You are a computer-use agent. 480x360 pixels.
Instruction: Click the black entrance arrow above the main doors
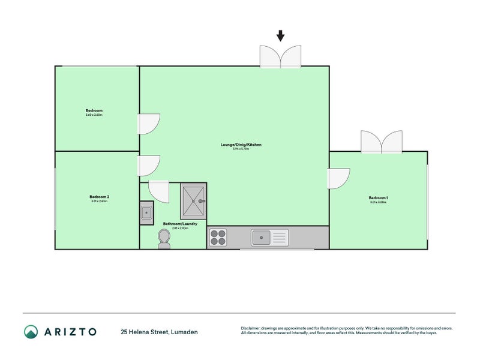pyautogui.click(x=280, y=36)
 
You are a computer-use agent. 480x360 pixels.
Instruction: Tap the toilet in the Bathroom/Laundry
pyautogui.click(x=164, y=239)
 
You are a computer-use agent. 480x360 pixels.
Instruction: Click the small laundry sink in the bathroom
pyautogui.click(x=146, y=213)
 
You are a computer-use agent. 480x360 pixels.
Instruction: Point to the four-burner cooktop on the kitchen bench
pyautogui.click(x=218, y=238)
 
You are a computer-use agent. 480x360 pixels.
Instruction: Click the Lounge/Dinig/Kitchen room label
pyautogui.click(x=241, y=145)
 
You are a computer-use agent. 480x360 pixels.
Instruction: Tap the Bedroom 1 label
pyautogui.click(x=378, y=199)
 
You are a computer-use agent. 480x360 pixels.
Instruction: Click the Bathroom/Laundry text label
pyautogui.click(x=180, y=224)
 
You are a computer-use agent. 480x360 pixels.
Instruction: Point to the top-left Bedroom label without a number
pyautogui.click(x=94, y=111)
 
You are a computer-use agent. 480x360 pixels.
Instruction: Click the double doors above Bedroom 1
pyautogui.click(x=381, y=142)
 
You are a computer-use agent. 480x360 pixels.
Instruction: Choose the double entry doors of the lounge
pyautogui.click(x=280, y=56)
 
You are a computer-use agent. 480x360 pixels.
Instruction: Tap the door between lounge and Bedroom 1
pyautogui.click(x=338, y=179)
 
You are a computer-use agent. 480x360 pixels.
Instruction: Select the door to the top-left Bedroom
pyautogui.click(x=149, y=124)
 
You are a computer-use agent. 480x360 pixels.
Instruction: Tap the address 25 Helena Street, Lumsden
pyautogui.click(x=159, y=332)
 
